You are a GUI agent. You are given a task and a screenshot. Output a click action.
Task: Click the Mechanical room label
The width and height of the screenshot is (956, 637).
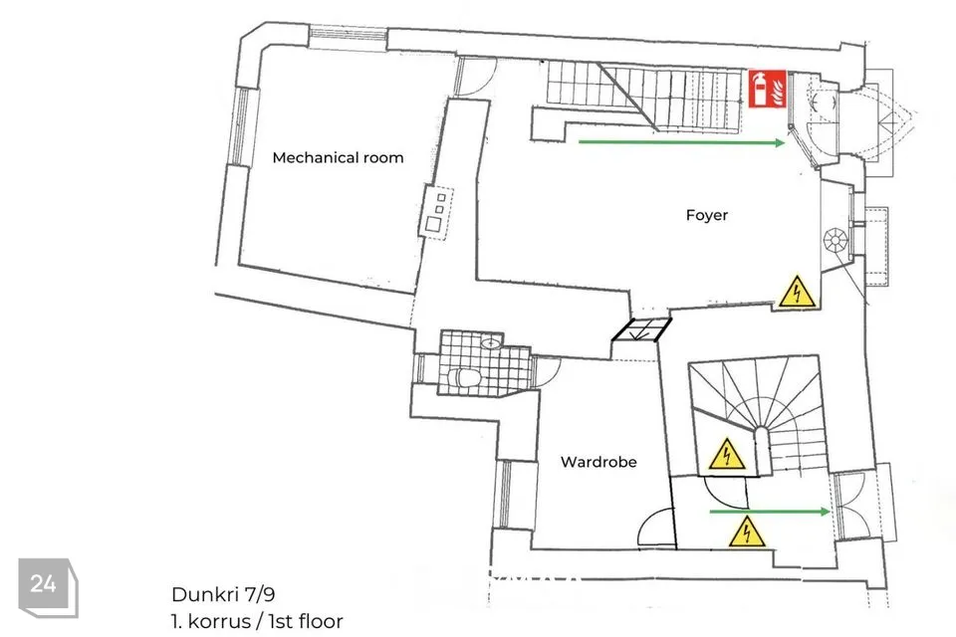click(338, 158)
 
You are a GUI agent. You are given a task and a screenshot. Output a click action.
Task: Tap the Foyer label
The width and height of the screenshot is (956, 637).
click(707, 215)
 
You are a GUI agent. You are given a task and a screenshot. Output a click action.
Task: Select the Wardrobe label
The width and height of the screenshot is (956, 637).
click(598, 462)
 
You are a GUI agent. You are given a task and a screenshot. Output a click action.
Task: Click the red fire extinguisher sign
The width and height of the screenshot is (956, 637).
click(768, 89)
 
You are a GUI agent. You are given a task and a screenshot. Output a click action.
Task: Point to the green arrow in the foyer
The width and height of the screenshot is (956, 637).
click(681, 142)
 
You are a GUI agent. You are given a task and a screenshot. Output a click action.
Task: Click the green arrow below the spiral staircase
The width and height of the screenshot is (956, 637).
click(770, 512)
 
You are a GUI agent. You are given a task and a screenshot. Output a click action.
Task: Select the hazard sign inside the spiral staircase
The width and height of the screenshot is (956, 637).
click(727, 454)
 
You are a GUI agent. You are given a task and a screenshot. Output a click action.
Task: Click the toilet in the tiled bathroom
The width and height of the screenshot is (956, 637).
click(465, 378)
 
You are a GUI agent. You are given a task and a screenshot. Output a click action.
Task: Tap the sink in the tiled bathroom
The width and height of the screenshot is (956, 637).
click(490, 343)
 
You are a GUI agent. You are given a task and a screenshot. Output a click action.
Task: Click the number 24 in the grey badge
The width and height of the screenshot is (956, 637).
click(43, 584)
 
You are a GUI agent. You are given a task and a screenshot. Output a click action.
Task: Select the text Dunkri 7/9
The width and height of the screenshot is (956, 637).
click(219, 594)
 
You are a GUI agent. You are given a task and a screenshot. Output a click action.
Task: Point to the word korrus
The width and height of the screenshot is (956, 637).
click(219, 621)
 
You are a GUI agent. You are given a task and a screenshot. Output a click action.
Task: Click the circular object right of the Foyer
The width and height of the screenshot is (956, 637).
click(835, 240)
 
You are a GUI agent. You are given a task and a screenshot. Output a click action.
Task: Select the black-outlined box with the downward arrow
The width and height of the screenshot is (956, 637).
click(640, 329)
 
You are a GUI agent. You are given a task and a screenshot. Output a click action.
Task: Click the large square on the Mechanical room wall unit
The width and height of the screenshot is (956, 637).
click(433, 224)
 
